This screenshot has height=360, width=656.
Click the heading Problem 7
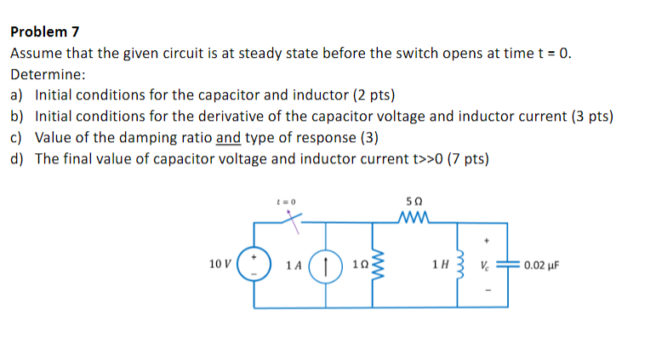pos(45,32)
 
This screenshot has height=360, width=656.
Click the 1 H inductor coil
pos(459,265)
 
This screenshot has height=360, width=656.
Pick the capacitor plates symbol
pos(507,265)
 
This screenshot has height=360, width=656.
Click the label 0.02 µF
pos(541,265)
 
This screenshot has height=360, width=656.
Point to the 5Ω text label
pos(415,202)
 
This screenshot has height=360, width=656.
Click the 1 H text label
pos(439,265)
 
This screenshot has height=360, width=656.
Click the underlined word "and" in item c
pos(228,137)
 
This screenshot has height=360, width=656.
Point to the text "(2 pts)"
pos(371,95)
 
